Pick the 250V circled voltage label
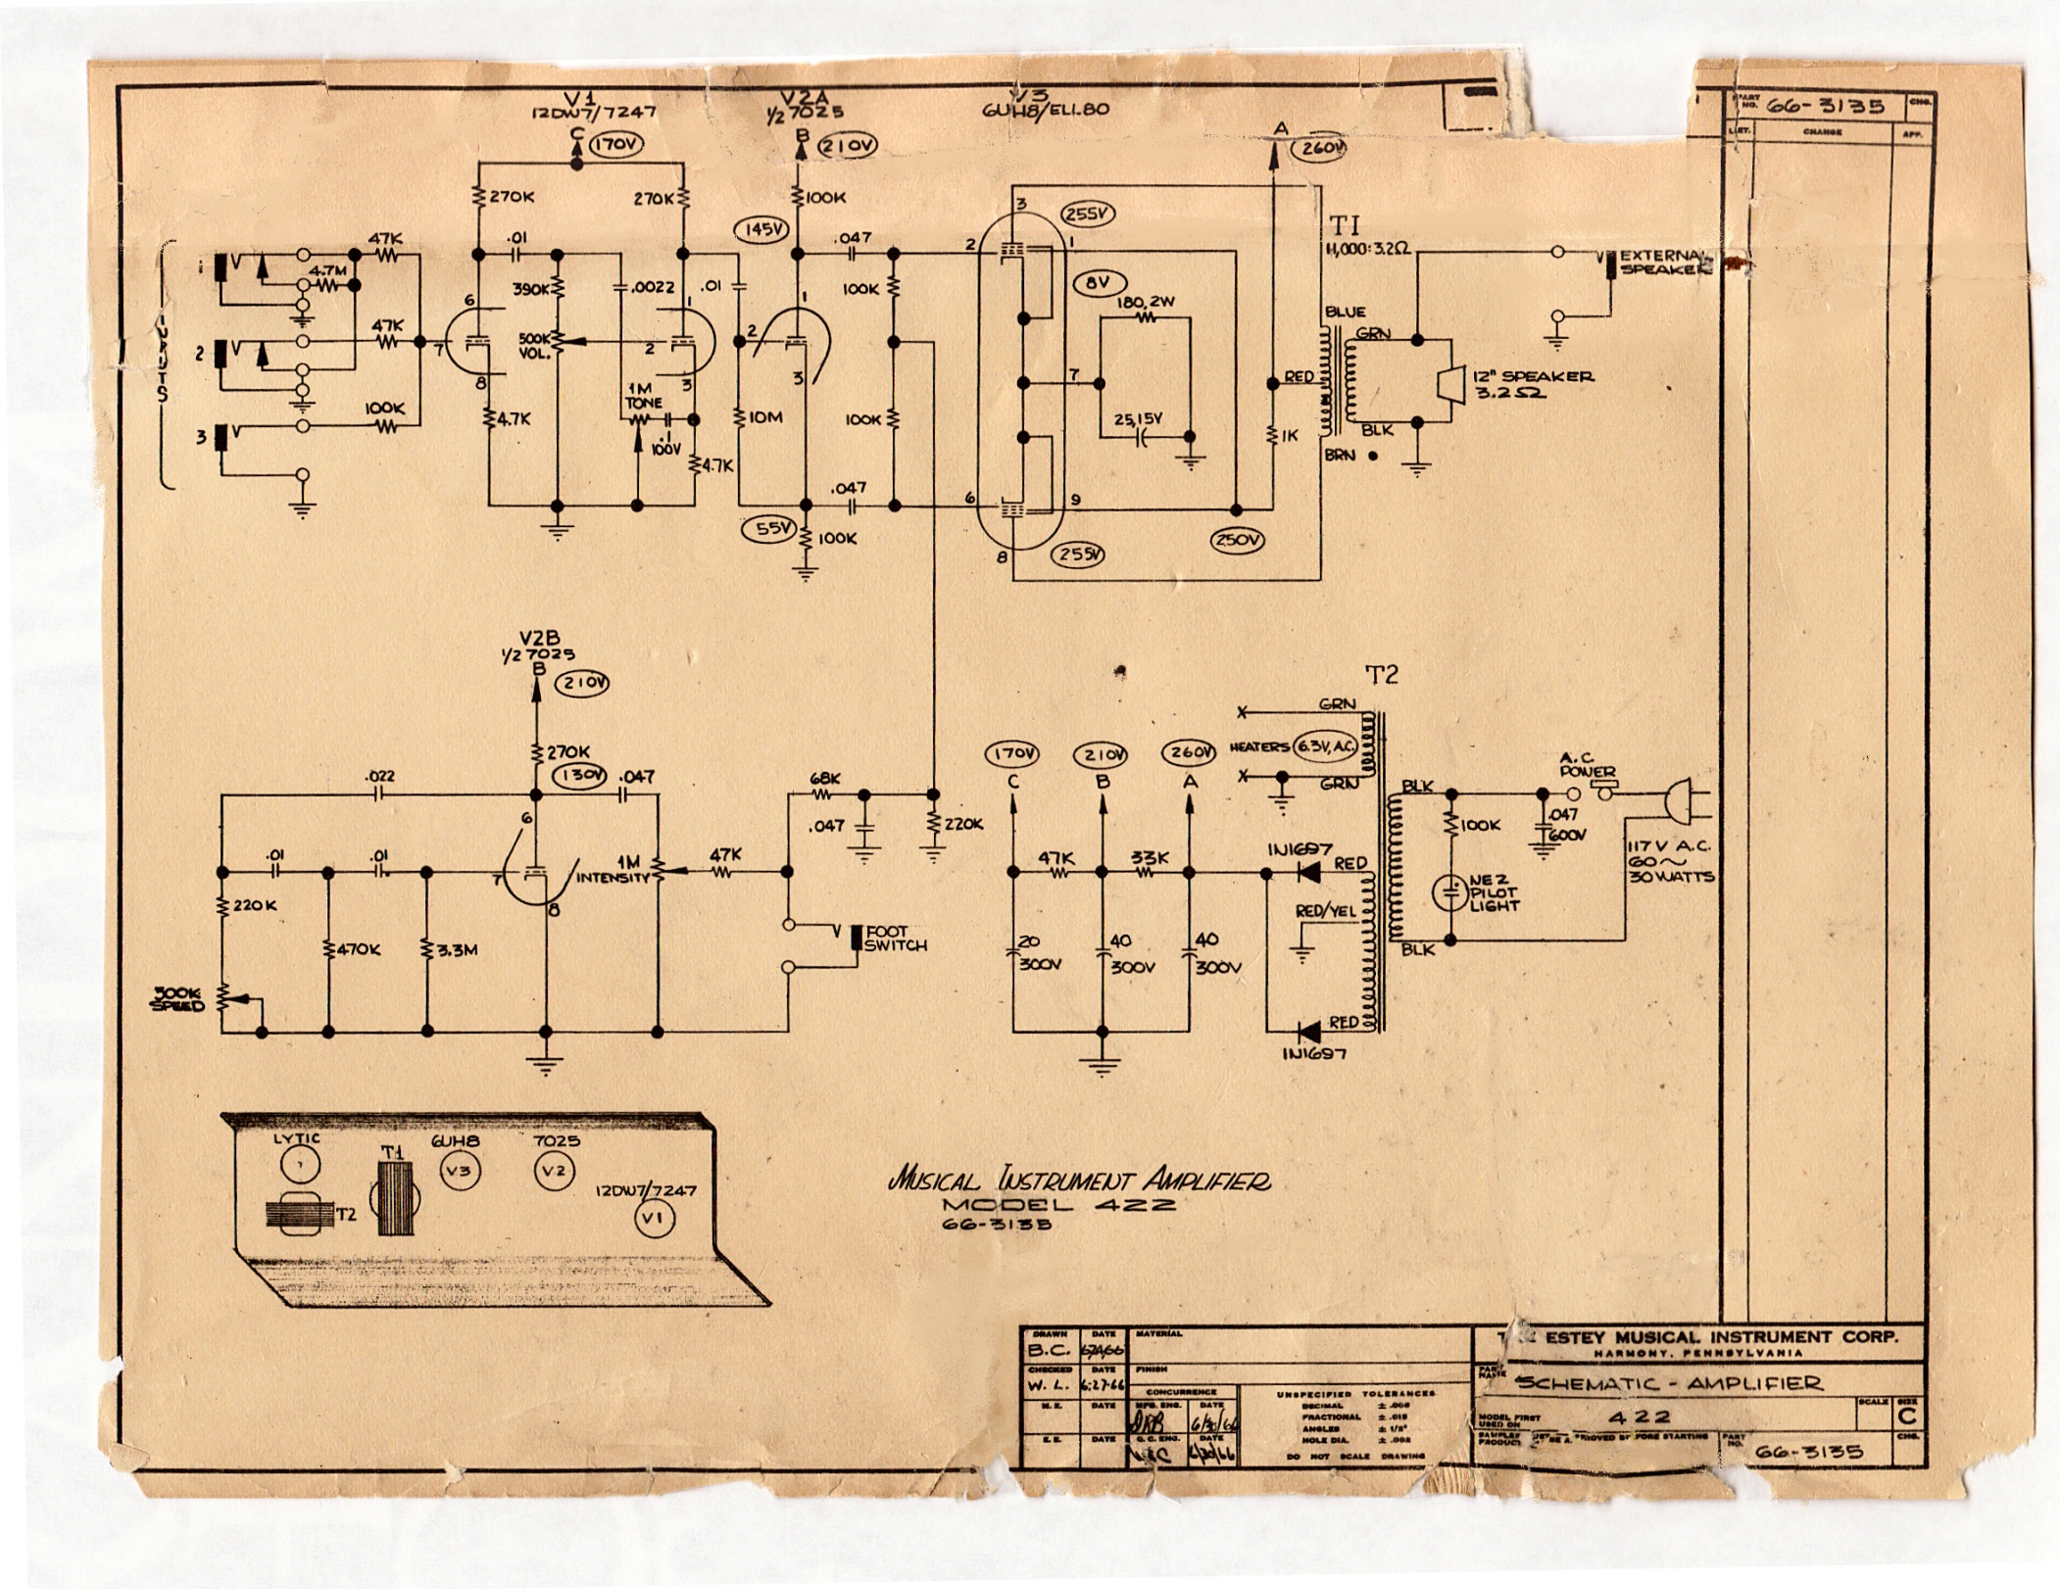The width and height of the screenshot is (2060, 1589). pos(1237,540)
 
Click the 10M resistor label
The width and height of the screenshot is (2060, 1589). pos(764,418)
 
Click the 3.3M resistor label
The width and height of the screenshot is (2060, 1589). pos(456,949)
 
